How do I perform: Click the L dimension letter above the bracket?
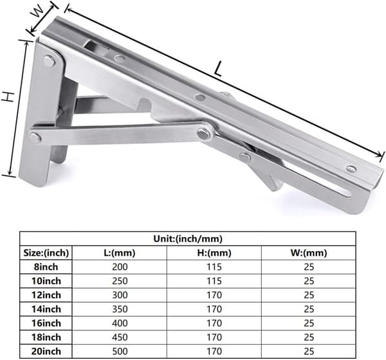click(218, 69)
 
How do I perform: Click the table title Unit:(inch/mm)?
click(188, 239)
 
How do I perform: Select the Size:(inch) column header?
click(46, 253)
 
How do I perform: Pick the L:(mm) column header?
click(120, 253)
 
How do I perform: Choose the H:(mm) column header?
click(214, 253)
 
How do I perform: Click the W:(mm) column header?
click(309, 253)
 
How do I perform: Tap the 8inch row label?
click(46, 267)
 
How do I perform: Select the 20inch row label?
click(46, 351)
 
